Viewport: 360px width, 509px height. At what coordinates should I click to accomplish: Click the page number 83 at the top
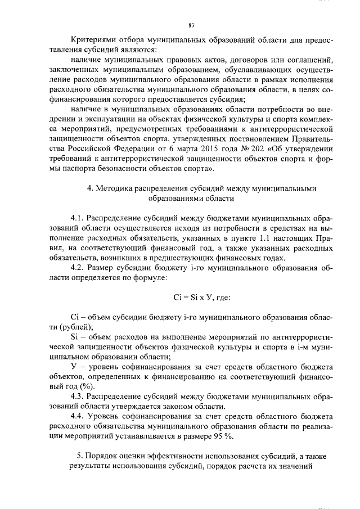pos(191,25)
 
